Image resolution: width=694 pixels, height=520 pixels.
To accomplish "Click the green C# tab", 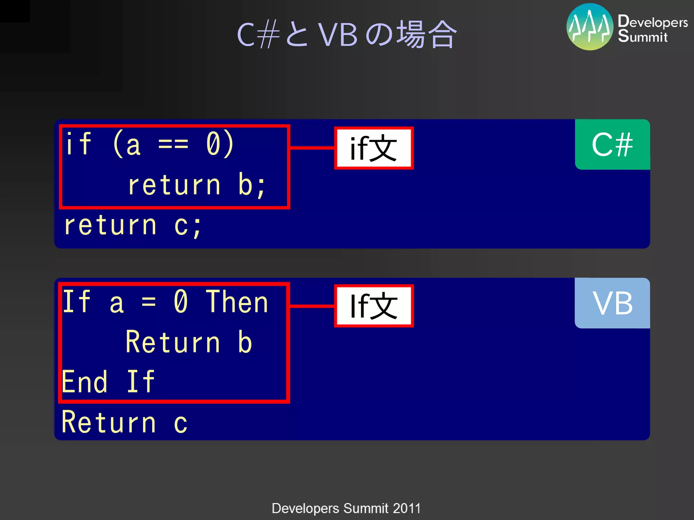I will click(x=612, y=145).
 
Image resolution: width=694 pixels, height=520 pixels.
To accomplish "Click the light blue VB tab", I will click(x=612, y=303).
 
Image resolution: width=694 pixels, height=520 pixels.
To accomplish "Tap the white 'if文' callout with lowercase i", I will click(x=374, y=148).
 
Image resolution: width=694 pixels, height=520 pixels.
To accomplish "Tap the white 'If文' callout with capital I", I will click(x=374, y=306).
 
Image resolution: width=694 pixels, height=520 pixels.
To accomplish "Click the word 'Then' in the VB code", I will click(x=237, y=302).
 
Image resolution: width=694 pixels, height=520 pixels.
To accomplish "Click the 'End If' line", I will click(x=108, y=382).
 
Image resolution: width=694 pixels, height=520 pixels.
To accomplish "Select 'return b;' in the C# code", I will click(x=197, y=185).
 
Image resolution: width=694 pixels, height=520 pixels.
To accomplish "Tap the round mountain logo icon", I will click(x=590, y=27).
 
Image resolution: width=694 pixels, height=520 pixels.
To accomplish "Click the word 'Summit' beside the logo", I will click(x=642, y=37).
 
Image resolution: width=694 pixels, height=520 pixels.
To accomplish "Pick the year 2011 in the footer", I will click(x=407, y=508).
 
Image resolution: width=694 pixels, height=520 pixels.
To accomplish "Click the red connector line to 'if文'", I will click(x=312, y=148).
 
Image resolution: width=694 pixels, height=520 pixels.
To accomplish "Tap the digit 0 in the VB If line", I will click(x=181, y=302).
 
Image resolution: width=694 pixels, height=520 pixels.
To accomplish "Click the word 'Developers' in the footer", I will click(x=305, y=508).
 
